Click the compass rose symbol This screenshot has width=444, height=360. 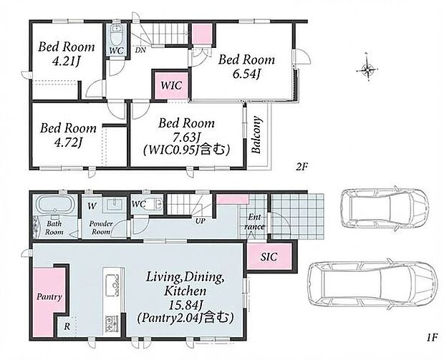tap(367, 68)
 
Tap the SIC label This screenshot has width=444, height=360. tap(269, 257)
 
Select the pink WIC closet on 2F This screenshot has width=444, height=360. tap(170, 85)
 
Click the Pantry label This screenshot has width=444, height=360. tap(49, 297)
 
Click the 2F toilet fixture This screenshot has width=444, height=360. tap(116, 34)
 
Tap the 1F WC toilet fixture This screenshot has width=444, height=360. tap(155, 204)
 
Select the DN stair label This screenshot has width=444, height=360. tap(140, 50)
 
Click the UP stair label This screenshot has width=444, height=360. tap(201, 221)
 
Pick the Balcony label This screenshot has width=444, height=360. tap(256, 135)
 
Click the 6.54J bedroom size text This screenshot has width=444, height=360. tap(246, 74)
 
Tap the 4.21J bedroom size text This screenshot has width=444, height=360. tap(66, 61)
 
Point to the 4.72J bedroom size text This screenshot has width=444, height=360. tap(68, 142)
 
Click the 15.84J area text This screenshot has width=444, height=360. tap(185, 305)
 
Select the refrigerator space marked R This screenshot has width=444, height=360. tap(67, 326)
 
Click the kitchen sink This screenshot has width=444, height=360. tap(112, 285)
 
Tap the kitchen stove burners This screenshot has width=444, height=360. tap(112, 323)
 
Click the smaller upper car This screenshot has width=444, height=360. tap(384, 208)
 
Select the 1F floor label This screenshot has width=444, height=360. tap(433, 337)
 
